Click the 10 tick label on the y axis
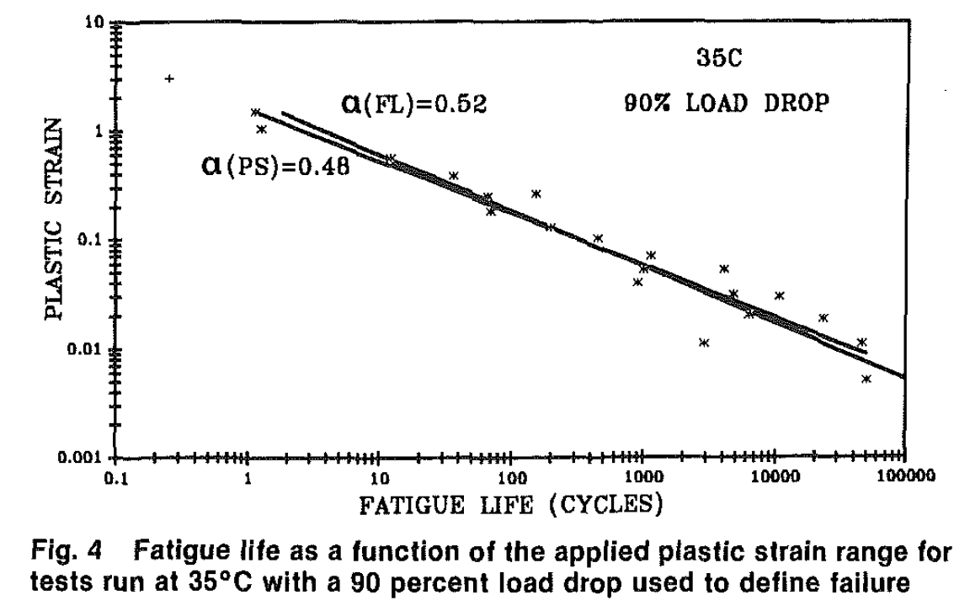tap(94, 24)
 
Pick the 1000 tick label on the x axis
tap(642, 481)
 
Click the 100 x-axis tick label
tap(510, 481)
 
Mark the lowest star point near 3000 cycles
tap(704, 342)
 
